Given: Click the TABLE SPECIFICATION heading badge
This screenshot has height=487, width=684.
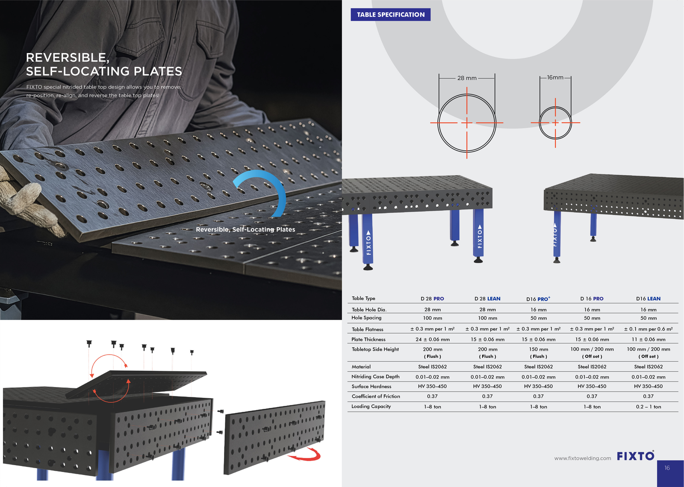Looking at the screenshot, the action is [391, 15].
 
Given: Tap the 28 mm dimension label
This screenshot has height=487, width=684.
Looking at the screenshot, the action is [467, 78].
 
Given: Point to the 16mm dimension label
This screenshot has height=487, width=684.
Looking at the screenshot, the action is [555, 77].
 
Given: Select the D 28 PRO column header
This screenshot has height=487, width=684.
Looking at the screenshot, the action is [432, 299].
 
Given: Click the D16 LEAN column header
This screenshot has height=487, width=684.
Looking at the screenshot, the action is [648, 299].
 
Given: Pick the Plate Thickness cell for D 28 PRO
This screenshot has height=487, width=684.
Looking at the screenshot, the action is [432, 339].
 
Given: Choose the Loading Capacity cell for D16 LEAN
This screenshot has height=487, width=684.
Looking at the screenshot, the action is [649, 407].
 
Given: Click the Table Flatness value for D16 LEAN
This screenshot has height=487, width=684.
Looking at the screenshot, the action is [648, 329].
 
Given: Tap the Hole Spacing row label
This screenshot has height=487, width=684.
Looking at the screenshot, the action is [366, 318].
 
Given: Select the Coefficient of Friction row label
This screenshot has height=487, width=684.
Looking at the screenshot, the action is [376, 396].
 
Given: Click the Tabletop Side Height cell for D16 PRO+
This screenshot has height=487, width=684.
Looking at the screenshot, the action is [538, 352].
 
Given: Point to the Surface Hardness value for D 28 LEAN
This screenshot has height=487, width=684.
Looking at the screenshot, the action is [487, 386].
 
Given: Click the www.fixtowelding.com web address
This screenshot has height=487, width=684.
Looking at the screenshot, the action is [583, 458].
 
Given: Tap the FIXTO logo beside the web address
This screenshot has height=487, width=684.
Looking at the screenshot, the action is [635, 456].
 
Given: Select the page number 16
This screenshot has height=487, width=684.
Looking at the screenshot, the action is [667, 468].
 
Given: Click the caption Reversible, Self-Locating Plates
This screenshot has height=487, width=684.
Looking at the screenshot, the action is [245, 229].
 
